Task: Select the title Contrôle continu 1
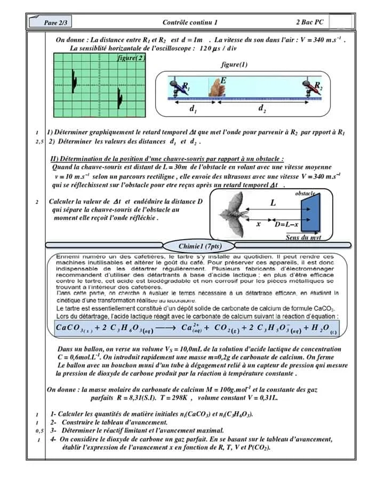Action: (190, 22)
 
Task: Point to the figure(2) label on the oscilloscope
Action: (131, 58)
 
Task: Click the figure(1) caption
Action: (234, 64)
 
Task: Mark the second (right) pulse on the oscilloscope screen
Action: (119, 99)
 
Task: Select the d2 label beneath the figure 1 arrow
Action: (262, 109)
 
